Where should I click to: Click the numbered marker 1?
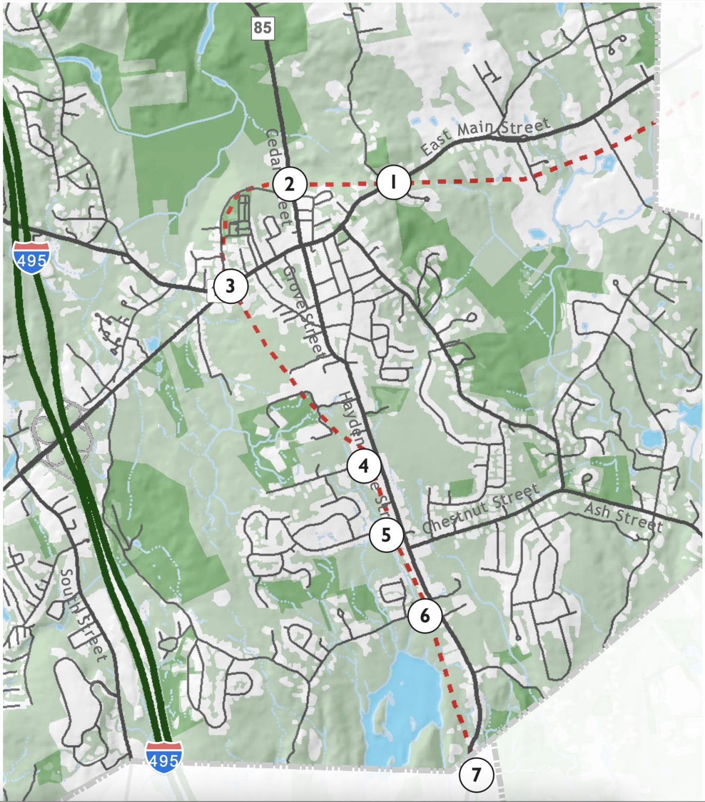click(393, 182)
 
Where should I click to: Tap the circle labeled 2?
click(289, 184)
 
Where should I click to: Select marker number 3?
click(230, 286)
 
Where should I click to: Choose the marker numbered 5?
click(386, 535)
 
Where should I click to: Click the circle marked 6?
click(425, 616)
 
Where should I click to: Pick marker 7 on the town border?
click(476, 774)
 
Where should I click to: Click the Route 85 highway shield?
click(262, 27)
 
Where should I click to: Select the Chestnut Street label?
click(480, 509)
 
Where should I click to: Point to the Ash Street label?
click(623, 516)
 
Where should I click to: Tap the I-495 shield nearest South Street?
click(164, 756)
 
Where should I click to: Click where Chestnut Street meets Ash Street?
click(560, 490)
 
